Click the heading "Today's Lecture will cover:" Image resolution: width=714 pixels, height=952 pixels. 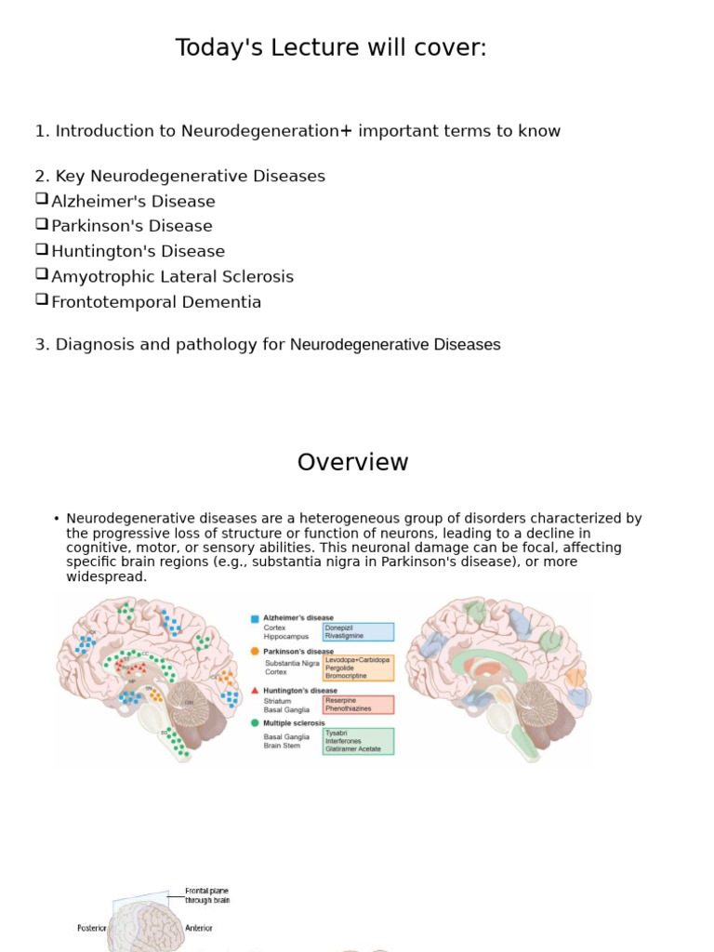331,48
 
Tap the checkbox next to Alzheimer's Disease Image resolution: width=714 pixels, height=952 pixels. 42,198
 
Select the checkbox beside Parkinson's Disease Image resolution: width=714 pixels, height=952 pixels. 42,223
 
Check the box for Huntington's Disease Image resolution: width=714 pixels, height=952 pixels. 42,248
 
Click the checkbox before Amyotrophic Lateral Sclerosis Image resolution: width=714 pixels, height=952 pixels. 42,273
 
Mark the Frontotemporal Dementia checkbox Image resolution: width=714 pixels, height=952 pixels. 42,298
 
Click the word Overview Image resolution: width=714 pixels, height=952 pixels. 352,462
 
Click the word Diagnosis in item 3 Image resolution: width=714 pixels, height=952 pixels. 95,345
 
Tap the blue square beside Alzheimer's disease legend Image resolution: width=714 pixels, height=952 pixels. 255,618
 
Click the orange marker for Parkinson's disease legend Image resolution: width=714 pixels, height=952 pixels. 255,652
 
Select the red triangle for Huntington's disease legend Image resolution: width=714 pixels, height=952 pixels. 255,691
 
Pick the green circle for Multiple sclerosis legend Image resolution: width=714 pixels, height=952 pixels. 255,722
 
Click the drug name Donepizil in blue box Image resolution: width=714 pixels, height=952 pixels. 339,628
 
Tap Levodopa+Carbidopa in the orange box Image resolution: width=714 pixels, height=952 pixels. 357,660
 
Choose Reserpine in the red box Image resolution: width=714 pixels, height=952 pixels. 341,700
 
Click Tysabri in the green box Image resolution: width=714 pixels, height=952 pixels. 337,733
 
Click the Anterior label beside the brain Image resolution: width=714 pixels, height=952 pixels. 199,928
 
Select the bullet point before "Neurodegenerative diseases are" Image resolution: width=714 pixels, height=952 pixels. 57,519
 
